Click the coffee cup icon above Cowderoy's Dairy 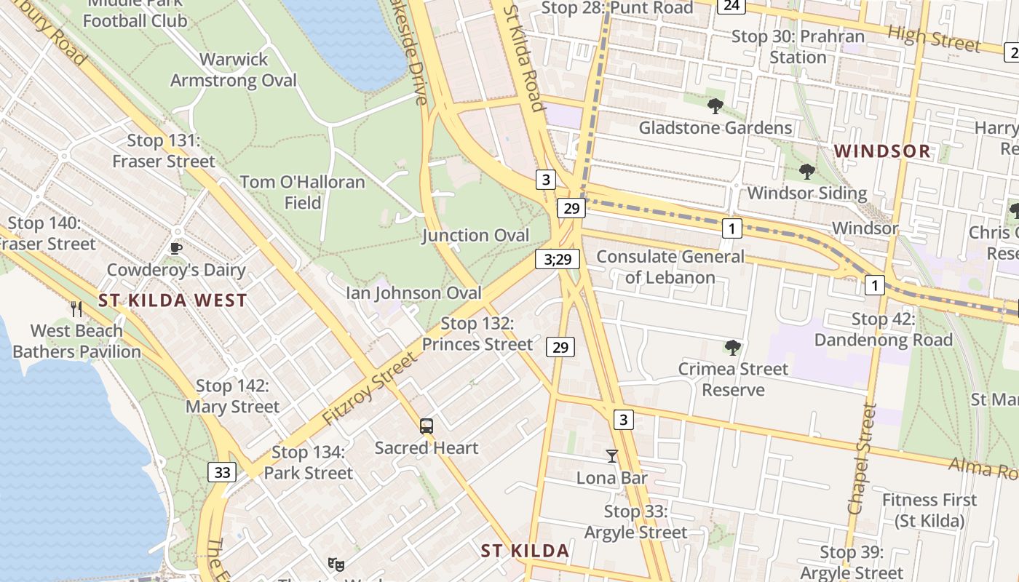175,247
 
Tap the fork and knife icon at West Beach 76,308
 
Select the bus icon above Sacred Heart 427,426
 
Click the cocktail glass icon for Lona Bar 611,456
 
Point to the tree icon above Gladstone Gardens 715,106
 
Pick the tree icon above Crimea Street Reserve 732,348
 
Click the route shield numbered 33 222,472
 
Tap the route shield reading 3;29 558,258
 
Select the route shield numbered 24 731,6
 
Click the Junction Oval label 475,235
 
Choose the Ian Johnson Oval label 413,293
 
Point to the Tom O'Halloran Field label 302,192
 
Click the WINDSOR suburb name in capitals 882,151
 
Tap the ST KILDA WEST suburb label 173,300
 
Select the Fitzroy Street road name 370,390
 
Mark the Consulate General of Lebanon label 670,266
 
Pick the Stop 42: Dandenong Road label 883,330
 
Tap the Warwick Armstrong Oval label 234,70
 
